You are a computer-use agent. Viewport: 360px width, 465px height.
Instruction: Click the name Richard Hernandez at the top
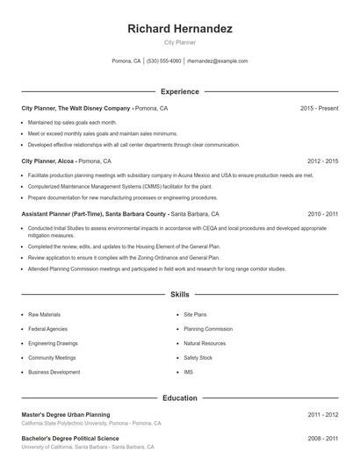point(179,29)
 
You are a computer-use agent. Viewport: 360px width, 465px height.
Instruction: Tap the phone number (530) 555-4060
point(164,61)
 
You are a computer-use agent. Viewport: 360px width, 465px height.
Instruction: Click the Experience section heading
point(179,91)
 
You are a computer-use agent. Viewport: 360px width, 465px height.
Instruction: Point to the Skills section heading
point(179,295)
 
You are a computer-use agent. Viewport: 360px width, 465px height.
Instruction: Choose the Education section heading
point(179,397)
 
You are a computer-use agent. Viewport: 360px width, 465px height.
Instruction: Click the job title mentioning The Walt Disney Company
point(76,108)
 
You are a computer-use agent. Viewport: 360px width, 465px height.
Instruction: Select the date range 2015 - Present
point(319,108)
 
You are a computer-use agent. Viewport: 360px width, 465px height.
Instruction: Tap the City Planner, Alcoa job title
point(47,161)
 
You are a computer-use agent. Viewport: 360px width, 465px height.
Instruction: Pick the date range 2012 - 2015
point(322,161)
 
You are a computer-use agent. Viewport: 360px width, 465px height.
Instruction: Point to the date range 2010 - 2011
point(322,214)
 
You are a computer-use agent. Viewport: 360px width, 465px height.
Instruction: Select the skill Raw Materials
point(44,314)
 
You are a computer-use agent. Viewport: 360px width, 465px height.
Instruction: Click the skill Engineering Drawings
point(53,343)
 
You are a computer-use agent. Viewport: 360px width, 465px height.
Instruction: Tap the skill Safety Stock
point(198,358)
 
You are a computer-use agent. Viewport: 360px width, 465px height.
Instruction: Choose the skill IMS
point(188,372)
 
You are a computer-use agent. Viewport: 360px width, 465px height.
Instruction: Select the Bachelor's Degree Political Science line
point(69,438)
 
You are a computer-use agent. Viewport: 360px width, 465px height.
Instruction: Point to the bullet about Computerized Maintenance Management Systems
point(119,186)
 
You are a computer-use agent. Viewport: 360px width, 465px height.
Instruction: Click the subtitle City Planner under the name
point(179,42)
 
